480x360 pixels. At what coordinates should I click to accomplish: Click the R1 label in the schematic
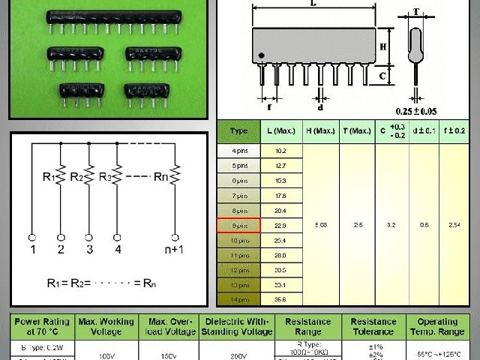click(x=49, y=178)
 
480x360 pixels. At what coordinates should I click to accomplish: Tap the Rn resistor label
click(x=160, y=178)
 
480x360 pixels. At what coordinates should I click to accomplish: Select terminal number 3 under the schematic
click(x=89, y=249)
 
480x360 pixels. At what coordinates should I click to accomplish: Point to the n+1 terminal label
click(x=174, y=249)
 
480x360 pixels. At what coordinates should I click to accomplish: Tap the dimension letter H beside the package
click(x=382, y=47)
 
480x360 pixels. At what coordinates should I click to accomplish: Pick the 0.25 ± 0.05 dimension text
click(x=437, y=111)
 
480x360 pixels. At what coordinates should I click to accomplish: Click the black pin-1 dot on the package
click(x=261, y=55)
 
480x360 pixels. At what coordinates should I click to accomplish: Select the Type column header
click(x=238, y=131)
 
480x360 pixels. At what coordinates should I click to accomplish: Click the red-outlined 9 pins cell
click(x=238, y=225)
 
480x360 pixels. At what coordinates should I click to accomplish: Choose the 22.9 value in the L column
click(x=281, y=225)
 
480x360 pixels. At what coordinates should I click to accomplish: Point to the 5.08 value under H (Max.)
click(x=321, y=225)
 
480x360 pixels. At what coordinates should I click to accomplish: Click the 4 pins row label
click(x=238, y=151)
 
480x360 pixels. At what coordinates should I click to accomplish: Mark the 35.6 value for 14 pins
click(x=281, y=298)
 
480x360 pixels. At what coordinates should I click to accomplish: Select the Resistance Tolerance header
click(x=373, y=326)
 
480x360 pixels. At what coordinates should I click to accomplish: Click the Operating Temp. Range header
click(x=442, y=326)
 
